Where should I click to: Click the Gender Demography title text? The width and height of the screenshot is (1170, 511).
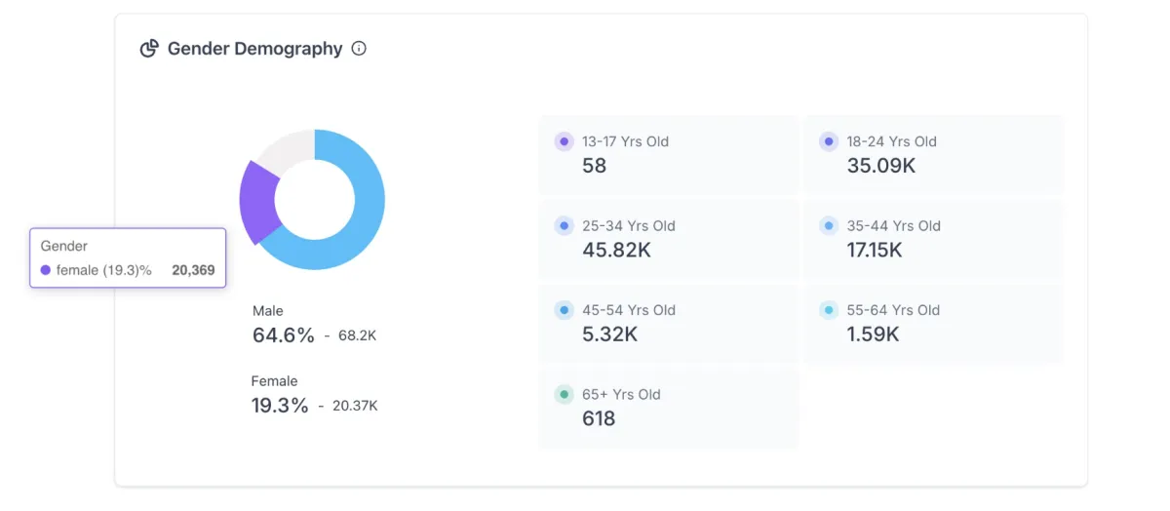click(254, 49)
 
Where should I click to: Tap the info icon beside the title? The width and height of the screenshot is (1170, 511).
click(359, 49)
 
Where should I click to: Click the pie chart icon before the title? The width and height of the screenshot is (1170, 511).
click(149, 49)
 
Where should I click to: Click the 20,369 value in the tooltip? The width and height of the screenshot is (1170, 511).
click(193, 270)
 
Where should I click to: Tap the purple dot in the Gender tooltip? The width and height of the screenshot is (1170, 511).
click(46, 270)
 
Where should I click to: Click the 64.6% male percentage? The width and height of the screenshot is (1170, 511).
click(283, 335)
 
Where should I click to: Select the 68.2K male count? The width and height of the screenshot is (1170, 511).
click(357, 335)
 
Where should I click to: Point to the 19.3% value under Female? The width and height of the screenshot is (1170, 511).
click(280, 406)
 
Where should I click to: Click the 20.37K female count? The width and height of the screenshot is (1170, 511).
click(355, 406)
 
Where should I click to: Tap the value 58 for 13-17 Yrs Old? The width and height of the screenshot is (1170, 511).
click(594, 166)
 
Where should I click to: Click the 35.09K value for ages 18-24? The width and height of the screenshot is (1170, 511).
click(881, 166)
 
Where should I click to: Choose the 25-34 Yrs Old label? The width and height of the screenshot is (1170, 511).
click(629, 226)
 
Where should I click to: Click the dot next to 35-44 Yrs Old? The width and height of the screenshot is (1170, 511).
click(829, 226)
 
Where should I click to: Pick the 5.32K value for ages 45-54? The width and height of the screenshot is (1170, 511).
click(609, 334)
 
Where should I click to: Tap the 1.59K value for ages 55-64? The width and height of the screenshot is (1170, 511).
click(874, 334)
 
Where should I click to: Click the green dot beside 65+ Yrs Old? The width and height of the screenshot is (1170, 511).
click(564, 395)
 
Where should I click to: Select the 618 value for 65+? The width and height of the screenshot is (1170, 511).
click(599, 419)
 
